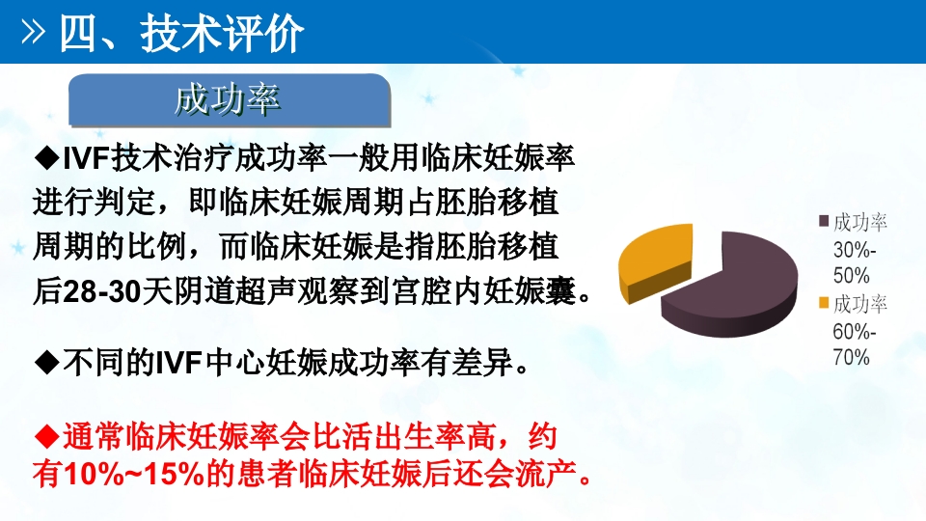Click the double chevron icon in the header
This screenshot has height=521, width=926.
pos(34,34)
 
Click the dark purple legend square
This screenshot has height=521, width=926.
pos(824,222)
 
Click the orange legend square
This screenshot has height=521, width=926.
pos(824,304)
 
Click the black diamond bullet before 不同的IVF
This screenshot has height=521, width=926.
pos(46,363)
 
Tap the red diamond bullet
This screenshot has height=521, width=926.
pos(46,436)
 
